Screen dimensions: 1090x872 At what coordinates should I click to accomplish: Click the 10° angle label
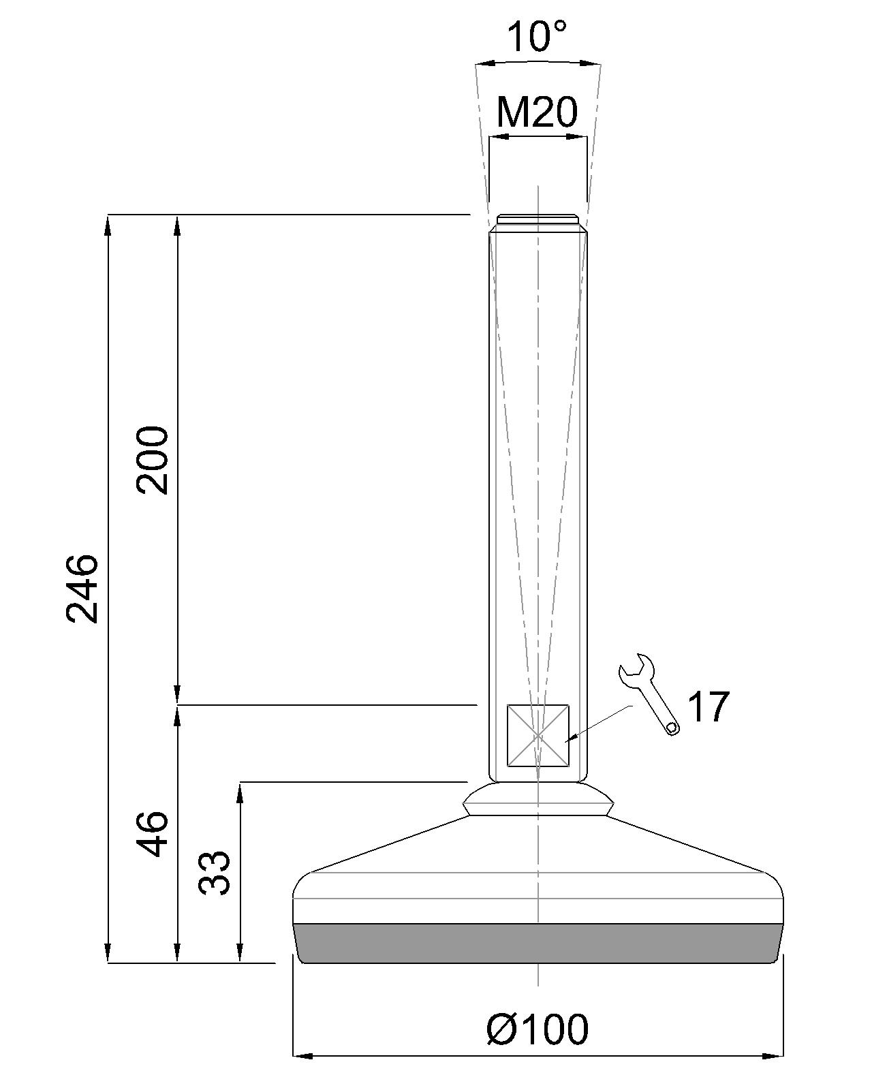[x=538, y=37]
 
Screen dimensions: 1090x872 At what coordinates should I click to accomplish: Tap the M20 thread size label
[x=537, y=112]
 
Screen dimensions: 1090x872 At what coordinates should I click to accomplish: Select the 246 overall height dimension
[x=82, y=587]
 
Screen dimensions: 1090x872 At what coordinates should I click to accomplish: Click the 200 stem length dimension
[x=151, y=460]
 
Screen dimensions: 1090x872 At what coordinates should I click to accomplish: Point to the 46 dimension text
[x=151, y=833]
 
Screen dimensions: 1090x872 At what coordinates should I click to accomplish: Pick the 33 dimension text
[x=215, y=872]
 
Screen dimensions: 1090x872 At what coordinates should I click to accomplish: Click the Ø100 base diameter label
[x=538, y=1029]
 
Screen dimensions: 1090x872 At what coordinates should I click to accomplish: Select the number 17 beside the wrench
[x=708, y=707]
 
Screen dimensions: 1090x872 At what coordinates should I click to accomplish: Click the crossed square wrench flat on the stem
[x=538, y=736]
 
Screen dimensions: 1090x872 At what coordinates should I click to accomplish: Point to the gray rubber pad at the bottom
[x=538, y=944]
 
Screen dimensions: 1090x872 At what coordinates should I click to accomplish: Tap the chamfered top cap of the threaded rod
[x=538, y=219]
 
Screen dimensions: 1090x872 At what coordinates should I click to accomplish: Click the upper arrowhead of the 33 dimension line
[x=240, y=792]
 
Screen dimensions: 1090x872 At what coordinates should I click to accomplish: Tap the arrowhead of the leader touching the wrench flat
[x=571, y=738]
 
